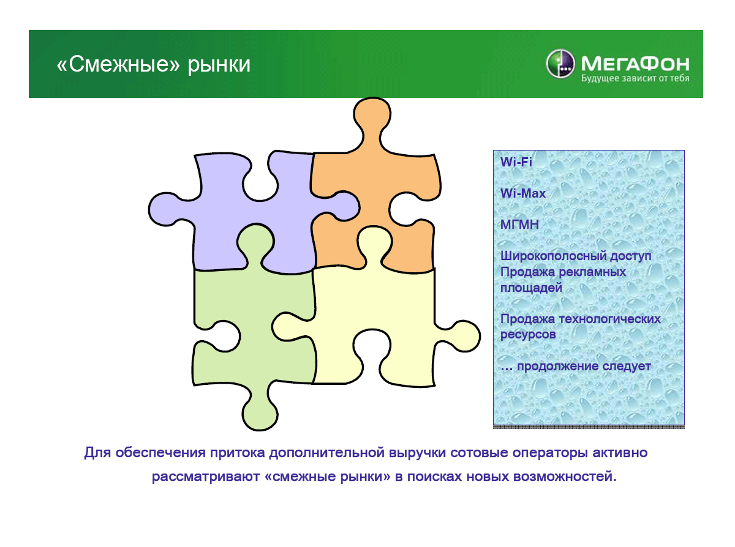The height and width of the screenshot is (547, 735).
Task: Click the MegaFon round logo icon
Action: coord(560,64)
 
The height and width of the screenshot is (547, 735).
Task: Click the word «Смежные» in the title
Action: coord(118,64)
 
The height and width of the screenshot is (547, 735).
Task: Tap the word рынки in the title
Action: coord(219,65)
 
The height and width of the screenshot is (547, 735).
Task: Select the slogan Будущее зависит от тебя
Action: coord(635,78)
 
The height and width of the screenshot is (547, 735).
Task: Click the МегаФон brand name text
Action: coord(635,64)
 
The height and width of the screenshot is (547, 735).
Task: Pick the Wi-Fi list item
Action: coord(516,162)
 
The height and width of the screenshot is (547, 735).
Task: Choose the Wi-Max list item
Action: coord(523,193)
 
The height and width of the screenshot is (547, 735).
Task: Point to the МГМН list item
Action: coord(519,225)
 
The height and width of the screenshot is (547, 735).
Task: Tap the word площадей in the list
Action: coord(531,288)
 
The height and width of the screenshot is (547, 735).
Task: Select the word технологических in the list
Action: coord(609,319)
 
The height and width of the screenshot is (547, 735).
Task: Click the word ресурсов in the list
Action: coord(528,335)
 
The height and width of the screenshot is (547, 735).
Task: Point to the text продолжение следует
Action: coord(584,367)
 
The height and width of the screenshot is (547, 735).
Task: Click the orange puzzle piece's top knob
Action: coord(372,114)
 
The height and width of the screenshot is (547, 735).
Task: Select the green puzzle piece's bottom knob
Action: coord(260,414)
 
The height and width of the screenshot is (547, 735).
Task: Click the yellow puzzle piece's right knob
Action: coord(463,336)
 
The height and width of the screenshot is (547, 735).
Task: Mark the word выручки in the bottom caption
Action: coord(417,453)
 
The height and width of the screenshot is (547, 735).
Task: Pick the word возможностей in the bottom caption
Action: coord(565,477)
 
